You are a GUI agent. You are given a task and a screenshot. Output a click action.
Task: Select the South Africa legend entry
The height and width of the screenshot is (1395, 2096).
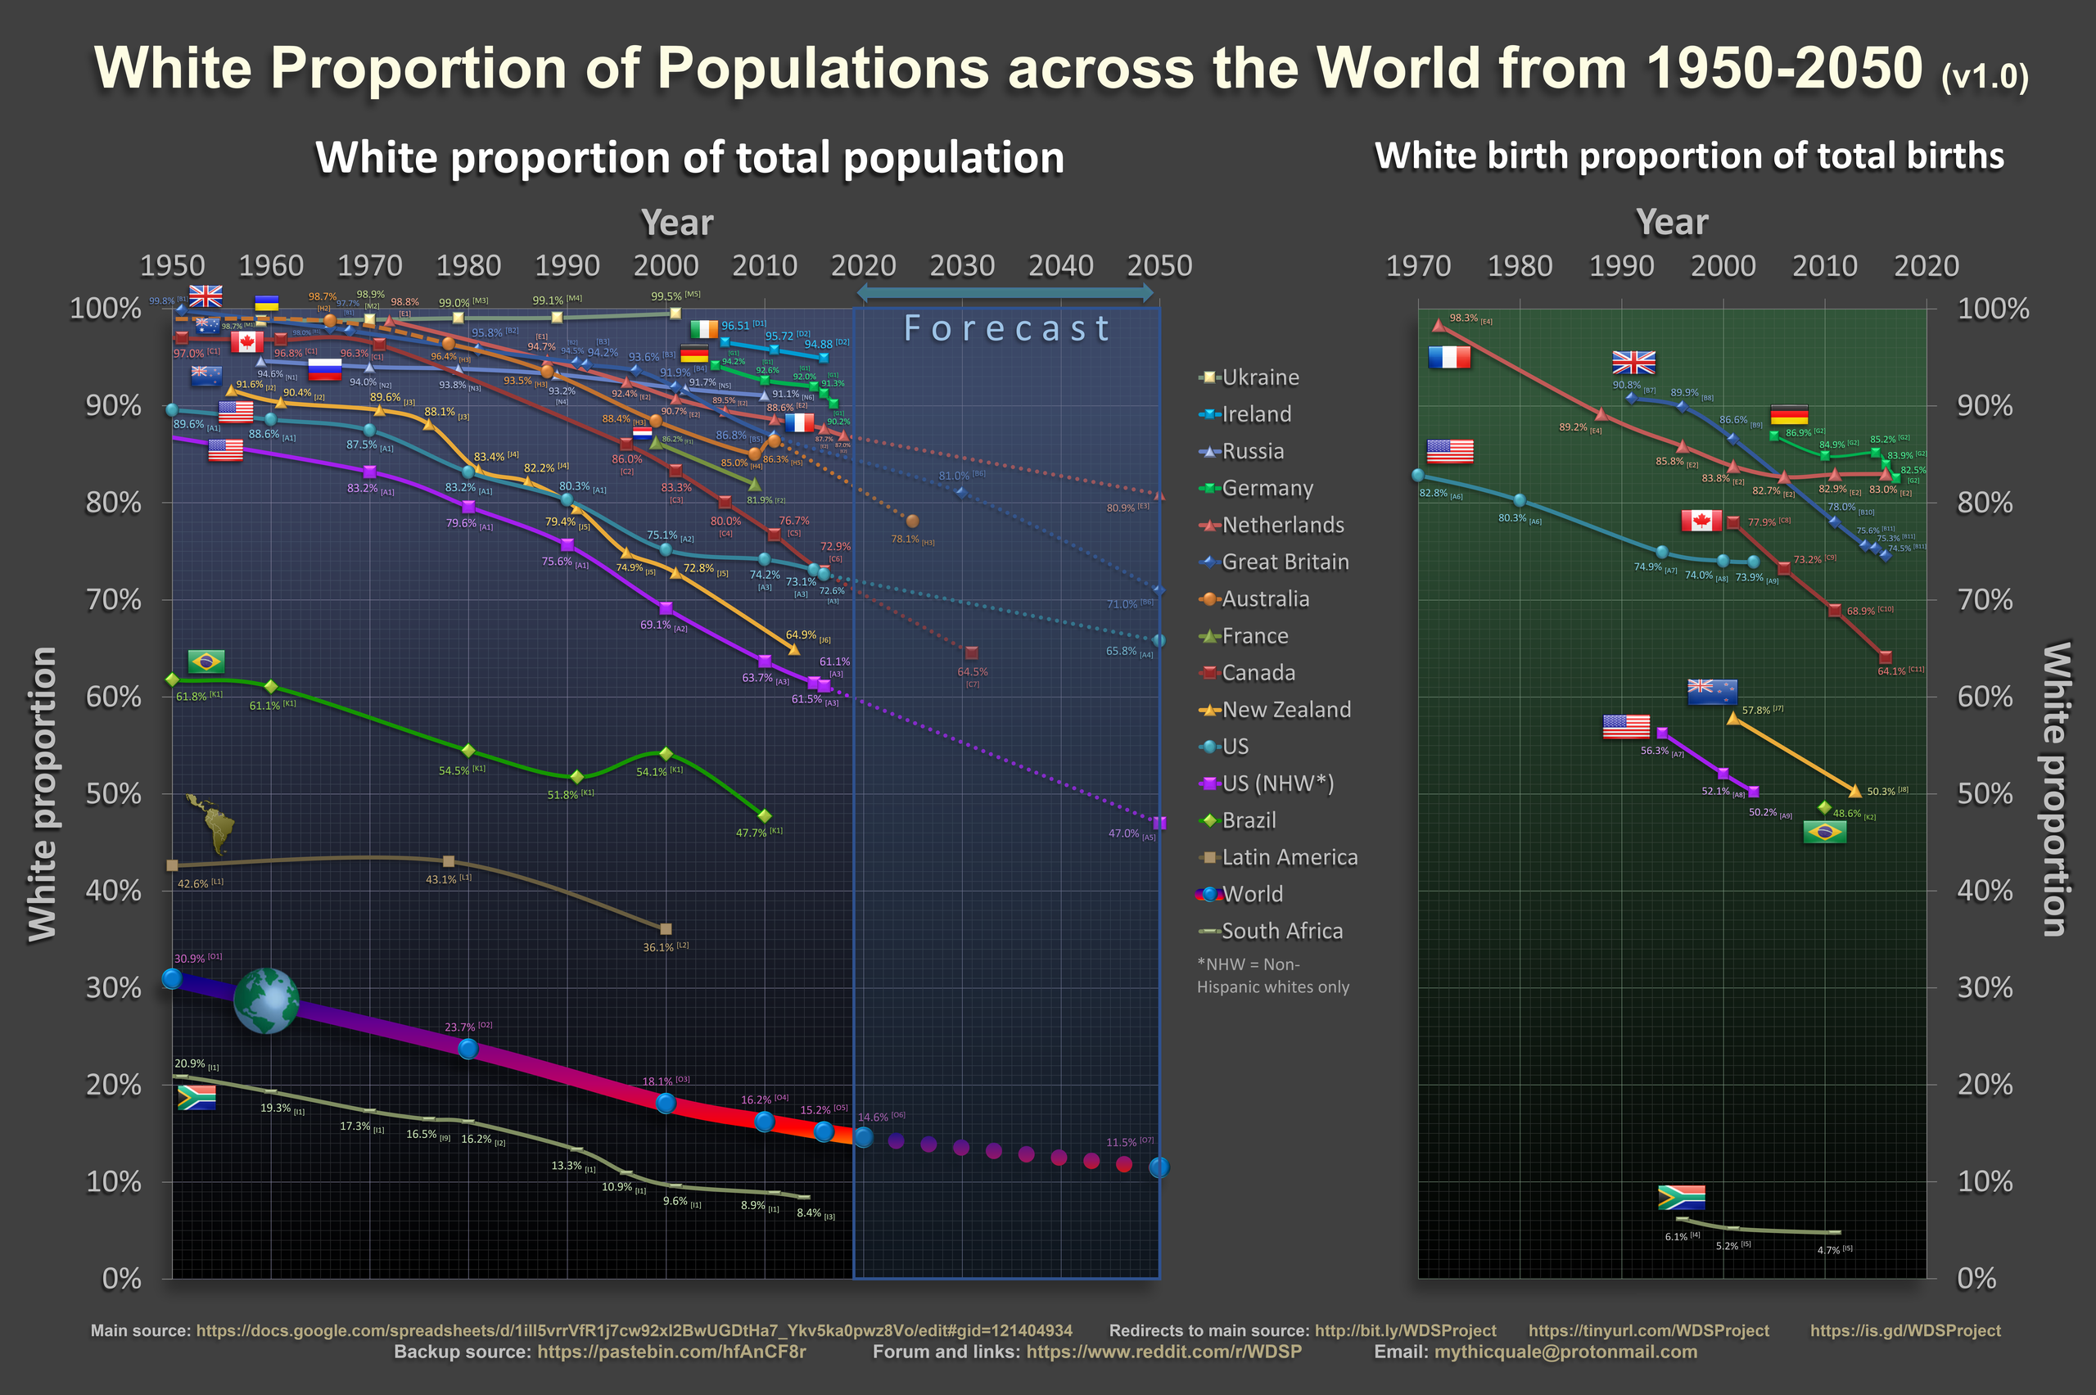pyautogui.click(x=1281, y=931)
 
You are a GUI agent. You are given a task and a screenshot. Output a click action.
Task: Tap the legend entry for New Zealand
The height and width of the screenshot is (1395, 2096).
pyautogui.click(x=1285, y=709)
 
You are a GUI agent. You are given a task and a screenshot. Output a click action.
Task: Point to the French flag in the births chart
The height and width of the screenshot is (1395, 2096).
pyautogui.click(x=1448, y=358)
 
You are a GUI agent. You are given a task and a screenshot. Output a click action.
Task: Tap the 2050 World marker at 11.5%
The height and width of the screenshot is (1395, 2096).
pyautogui.click(x=1159, y=1167)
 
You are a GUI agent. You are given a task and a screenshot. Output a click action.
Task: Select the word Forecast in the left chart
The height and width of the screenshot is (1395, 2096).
pyautogui.click(x=1006, y=328)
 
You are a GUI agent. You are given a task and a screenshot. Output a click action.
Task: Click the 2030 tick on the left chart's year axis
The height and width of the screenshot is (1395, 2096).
pyautogui.click(x=962, y=265)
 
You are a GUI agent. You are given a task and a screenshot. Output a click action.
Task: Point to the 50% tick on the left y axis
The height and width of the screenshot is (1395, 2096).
pyautogui.click(x=113, y=793)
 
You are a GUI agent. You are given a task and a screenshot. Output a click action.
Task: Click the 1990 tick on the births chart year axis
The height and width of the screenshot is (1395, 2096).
pyautogui.click(x=1622, y=265)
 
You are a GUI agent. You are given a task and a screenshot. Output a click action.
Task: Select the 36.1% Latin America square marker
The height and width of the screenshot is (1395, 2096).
pyautogui.click(x=666, y=929)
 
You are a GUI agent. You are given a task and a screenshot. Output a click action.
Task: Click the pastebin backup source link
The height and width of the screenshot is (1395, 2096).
pyautogui.click(x=671, y=1352)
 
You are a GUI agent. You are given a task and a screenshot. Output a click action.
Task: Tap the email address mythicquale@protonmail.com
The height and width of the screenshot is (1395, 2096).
pyautogui.click(x=1565, y=1352)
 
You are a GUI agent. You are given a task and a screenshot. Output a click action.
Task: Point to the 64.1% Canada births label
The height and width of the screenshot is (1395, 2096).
pyautogui.click(x=1894, y=670)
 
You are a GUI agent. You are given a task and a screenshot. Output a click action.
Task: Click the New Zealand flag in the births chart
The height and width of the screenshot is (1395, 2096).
pyautogui.click(x=1712, y=691)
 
